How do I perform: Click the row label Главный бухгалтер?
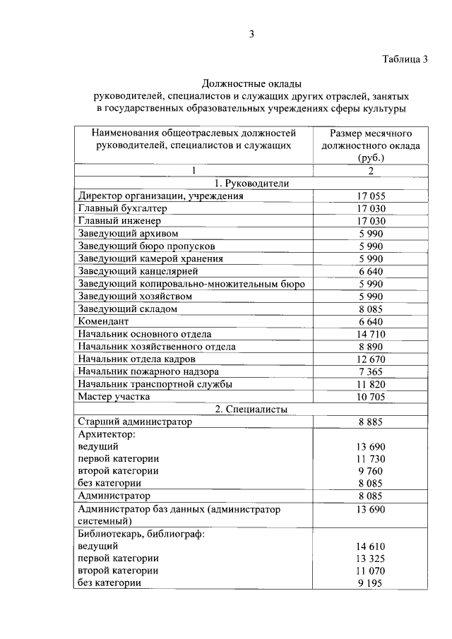[x=123, y=209]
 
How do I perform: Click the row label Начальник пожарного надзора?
[x=148, y=371]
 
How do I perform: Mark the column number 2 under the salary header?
[x=370, y=171]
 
